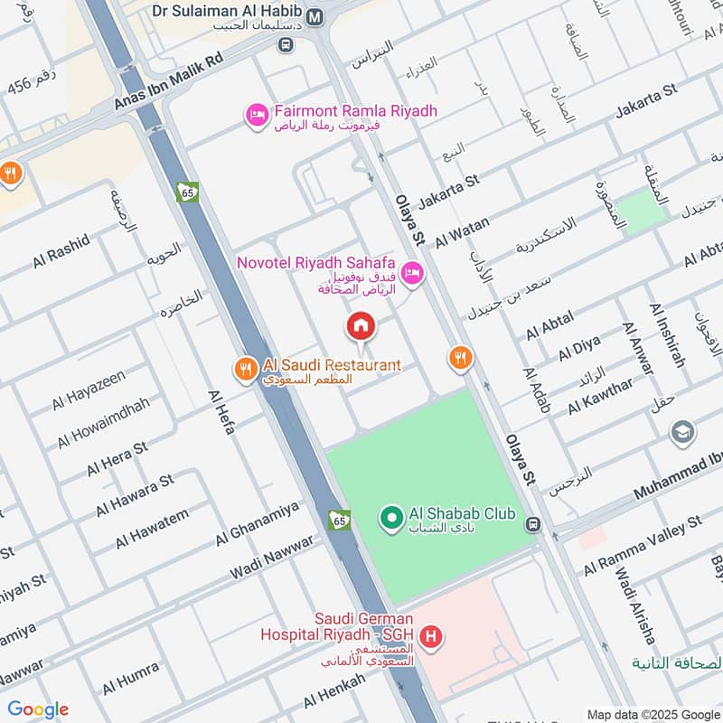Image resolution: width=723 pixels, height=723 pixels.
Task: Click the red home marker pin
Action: [361, 325]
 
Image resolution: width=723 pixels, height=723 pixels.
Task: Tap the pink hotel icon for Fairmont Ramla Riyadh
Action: [257, 115]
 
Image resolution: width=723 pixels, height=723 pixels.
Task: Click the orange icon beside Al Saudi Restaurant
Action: [245, 369]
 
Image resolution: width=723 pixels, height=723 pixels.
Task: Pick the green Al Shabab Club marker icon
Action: [391, 518]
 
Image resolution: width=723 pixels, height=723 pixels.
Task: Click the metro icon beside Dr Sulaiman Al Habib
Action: [315, 16]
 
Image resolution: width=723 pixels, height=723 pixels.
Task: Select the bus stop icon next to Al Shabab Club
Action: [533, 523]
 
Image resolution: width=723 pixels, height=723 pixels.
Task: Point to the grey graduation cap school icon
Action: [683, 434]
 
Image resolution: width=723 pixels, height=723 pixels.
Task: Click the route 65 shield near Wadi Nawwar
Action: [339, 521]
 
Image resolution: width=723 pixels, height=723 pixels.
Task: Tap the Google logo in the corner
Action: [38, 709]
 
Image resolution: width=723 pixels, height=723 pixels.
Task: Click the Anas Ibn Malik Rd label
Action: [168, 80]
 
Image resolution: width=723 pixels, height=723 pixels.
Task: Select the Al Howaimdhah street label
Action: [102, 421]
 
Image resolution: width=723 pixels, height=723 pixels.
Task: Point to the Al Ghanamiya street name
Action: [257, 524]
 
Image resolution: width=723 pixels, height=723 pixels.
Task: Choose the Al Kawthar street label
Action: [600, 396]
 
